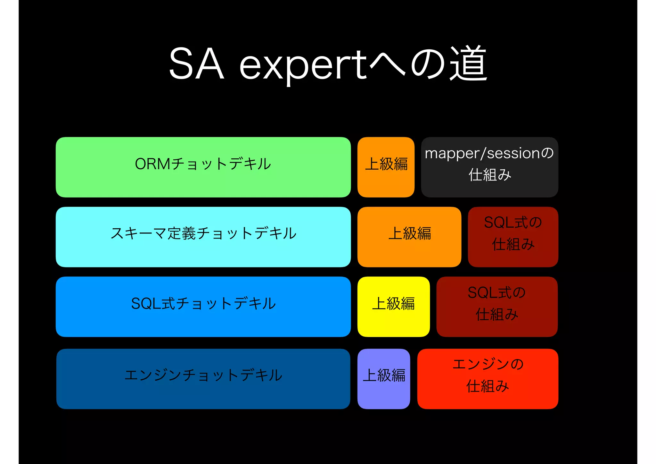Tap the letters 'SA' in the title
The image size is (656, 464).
pos(196,64)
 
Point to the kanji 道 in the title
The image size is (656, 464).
pos(468,63)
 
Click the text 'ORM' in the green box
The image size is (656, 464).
pos(152,164)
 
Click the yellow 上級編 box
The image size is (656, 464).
pos(393,307)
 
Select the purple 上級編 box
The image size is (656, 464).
pos(383,379)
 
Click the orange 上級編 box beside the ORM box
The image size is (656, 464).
pos(386,167)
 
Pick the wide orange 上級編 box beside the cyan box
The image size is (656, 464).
pos(409,237)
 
